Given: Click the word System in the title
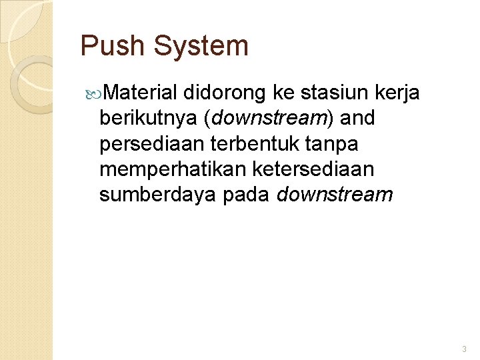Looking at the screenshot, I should point(201,46).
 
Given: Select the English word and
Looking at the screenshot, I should point(358,118).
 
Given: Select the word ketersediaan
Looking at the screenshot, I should point(313,169).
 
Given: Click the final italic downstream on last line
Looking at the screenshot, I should point(335,195).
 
